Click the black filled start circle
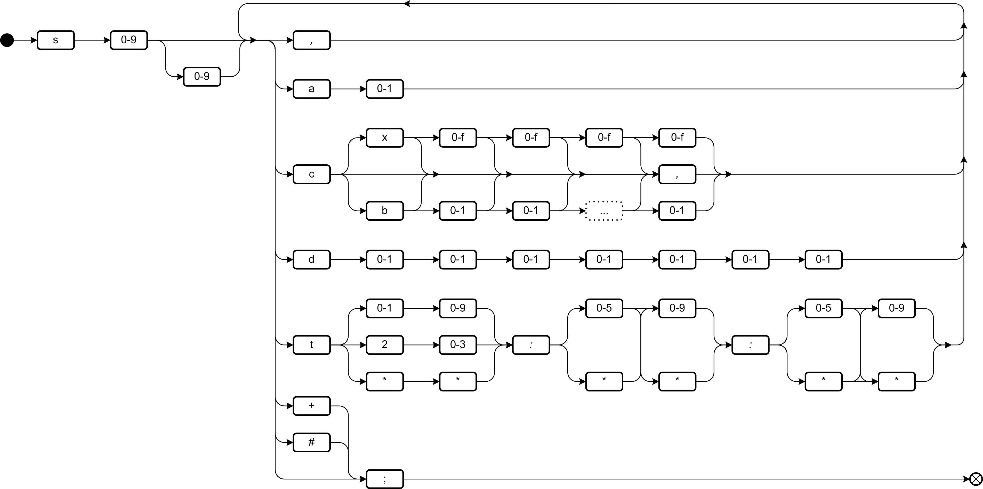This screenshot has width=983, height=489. click(7, 40)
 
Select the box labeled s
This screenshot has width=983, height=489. click(56, 40)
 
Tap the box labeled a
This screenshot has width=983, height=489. click(311, 89)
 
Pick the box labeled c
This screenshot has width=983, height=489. click(311, 174)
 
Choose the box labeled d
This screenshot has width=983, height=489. click(311, 260)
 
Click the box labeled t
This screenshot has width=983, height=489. click(311, 345)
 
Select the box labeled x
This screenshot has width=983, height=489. click(385, 138)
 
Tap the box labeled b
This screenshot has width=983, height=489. click(385, 211)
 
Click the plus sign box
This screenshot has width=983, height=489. click(311, 406)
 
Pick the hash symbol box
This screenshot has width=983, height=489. click(311, 443)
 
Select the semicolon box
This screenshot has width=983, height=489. click(385, 479)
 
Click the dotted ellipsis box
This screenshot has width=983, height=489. click(604, 211)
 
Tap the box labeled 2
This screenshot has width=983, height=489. click(385, 345)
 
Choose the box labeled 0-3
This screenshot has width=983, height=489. click(457, 345)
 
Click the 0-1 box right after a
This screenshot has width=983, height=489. click(385, 89)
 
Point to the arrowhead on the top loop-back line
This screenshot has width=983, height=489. click(407, 4)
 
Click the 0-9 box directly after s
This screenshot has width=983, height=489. click(128, 40)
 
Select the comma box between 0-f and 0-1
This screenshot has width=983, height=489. click(677, 174)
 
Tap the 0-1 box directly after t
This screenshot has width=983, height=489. click(385, 308)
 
